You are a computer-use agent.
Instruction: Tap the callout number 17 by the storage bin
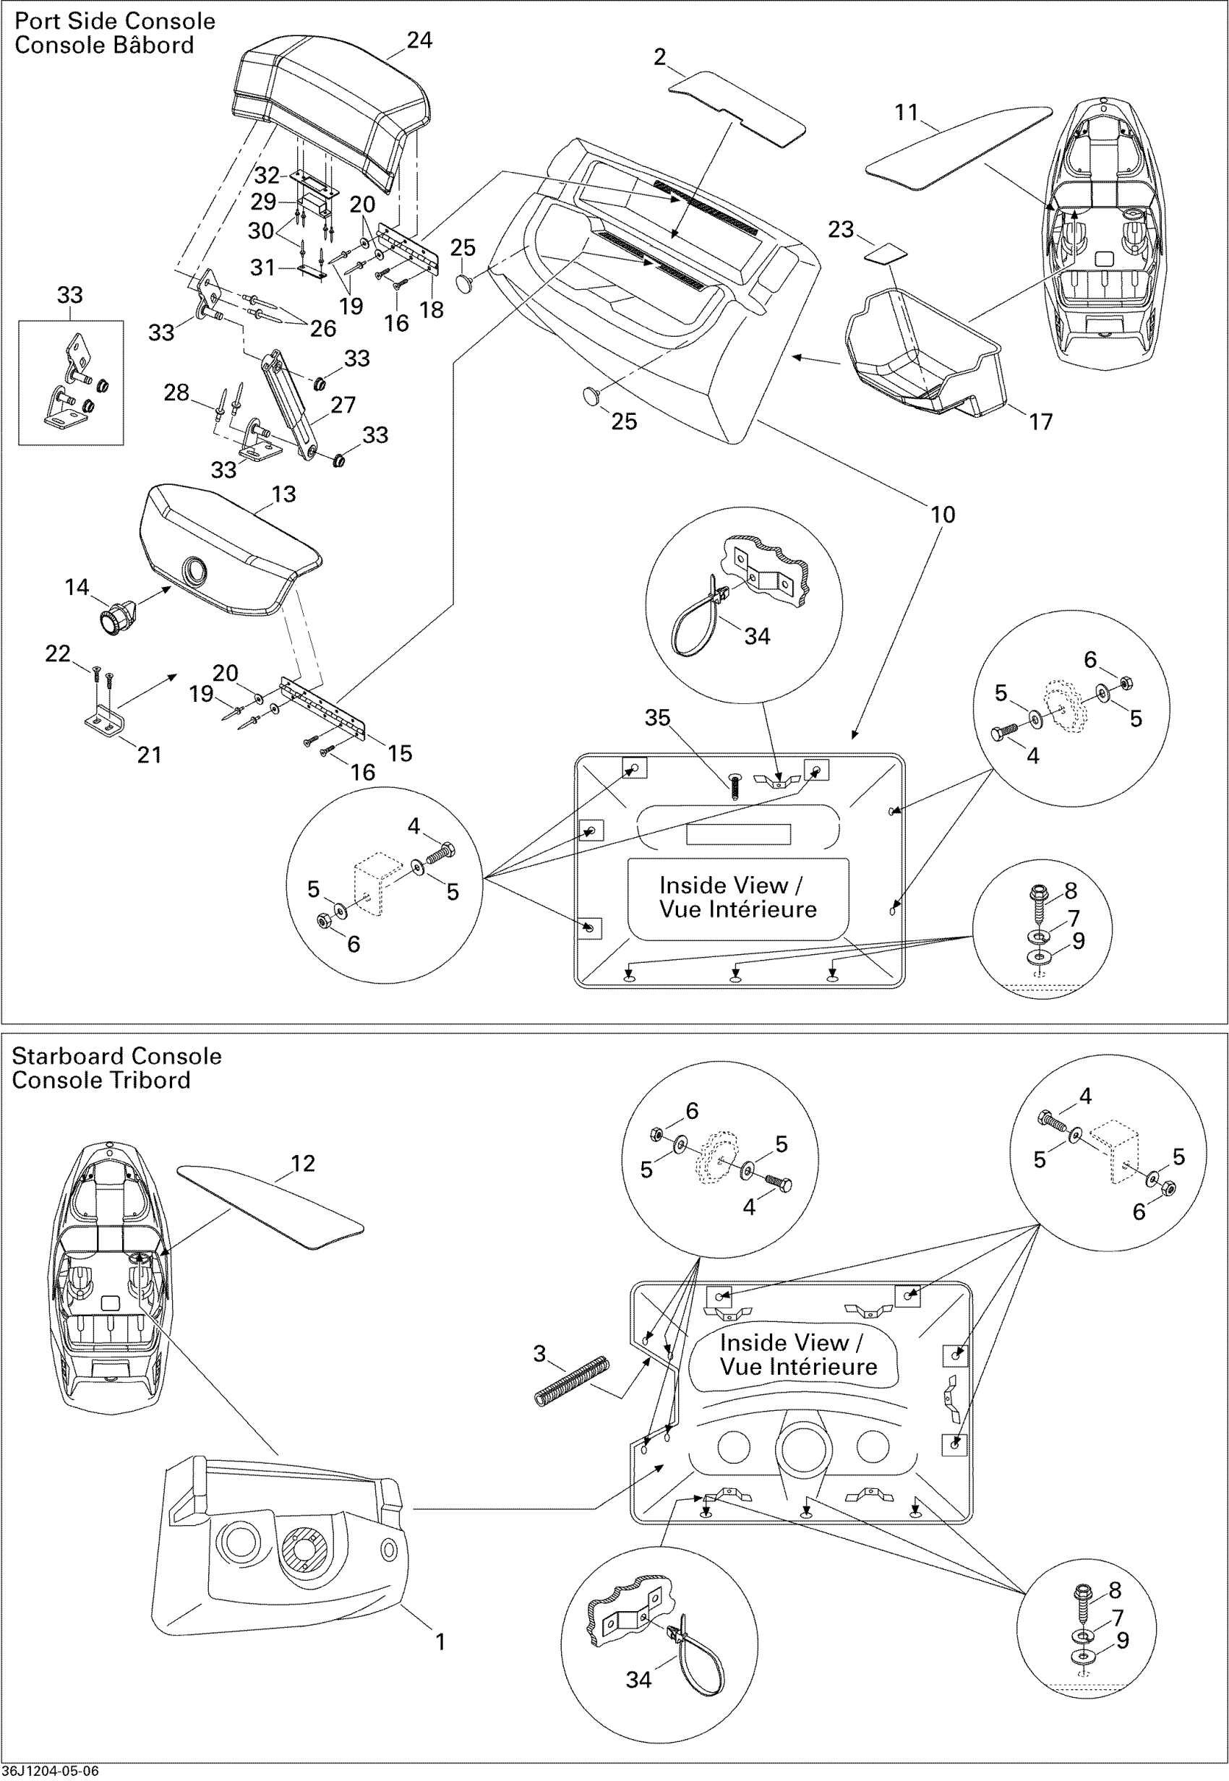pyautogui.click(x=1040, y=421)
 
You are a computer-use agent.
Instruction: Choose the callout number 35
pyautogui.click(x=657, y=718)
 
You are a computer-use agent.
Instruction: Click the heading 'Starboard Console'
pyautogui.click(x=116, y=1056)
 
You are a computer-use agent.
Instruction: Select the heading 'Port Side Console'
pyautogui.click(x=115, y=21)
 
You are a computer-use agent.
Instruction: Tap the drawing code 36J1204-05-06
pyautogui.click(x=50, y=1771)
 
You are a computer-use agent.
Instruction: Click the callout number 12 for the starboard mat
pyautogui.click(x=303, y=1163)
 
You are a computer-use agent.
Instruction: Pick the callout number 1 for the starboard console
pyautogui.click(x=440, y=1641)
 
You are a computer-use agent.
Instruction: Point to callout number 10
pyautogui.click(x=943, y=515)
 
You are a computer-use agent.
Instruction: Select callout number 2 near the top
pyautogui.click(x=659, y=57)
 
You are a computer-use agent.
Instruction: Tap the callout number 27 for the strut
pyautogui.click(x=343, y=405)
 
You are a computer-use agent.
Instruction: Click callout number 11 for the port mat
pyautogui.click(x=907, y=113)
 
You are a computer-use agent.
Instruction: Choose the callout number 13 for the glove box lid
pyautogui.click(x=283, y=494)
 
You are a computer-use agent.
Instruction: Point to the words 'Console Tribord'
pyautogui.click(x=101, y=1080)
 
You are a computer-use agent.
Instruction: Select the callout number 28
pyautogui.click(x=176, y=392)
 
